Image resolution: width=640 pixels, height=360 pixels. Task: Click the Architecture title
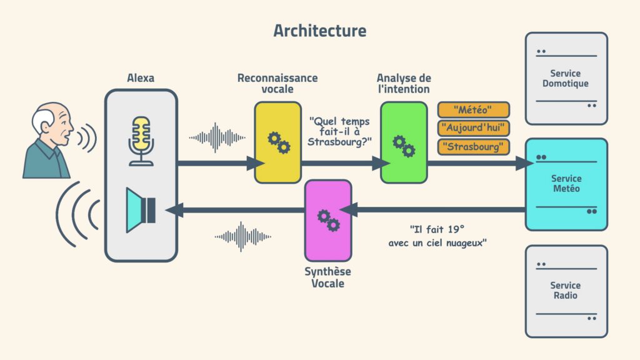(x=319, y=31)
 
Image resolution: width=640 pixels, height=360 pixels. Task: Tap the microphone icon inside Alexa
(x=141, y=140)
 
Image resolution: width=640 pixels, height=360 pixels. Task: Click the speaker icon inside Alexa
(x=141, y=210)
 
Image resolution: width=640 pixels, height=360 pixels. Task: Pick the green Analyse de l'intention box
(x=404, y=142)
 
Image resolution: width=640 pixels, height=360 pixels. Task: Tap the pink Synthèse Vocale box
(x=327, y=220)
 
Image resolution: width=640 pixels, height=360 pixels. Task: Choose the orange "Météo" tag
(x=473, y=110)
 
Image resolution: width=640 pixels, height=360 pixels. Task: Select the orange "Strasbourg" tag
(x=473, y=147)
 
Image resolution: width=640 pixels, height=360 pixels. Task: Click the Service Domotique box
(x=566, y=79)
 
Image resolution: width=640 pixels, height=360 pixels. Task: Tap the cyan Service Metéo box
(x=566, y=184)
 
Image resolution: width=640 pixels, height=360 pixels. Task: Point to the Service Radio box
(x=566, y=291)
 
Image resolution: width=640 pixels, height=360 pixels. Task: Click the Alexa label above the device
(x=141, y=78)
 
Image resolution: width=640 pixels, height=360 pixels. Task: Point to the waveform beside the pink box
(x=242, y=236)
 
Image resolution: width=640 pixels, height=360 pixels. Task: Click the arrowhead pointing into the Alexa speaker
(x=172, y=211)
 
